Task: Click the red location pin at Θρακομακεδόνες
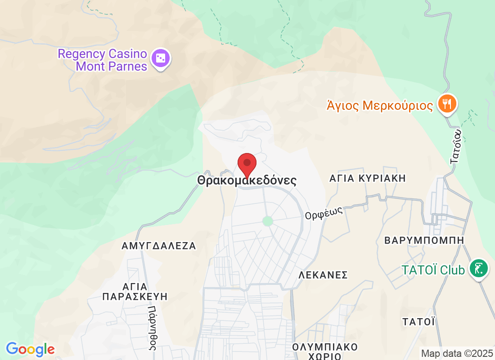pos(247,164)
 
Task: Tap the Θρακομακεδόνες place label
pos(247,181)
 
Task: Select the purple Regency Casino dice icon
pos(161,58)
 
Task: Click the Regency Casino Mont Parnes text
pos(103,60)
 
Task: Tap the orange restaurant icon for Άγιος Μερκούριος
pos(447,104)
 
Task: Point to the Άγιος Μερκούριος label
pos(379,106)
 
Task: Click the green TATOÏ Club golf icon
pos(479,269)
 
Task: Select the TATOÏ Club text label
pos(433,270)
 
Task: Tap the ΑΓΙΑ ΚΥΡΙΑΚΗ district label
pos(368,178)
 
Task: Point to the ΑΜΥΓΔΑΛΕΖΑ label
pos(159,246)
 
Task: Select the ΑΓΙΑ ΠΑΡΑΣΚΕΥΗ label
pos(135,291)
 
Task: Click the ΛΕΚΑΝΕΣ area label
pos(324,275)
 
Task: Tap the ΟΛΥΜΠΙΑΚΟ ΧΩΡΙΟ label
pos(324,351)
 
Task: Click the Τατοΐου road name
pos(456,147)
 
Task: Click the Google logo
pos(30,349)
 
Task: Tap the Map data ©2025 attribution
pos(456,353)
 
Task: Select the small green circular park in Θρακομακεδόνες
pos(268,221)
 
